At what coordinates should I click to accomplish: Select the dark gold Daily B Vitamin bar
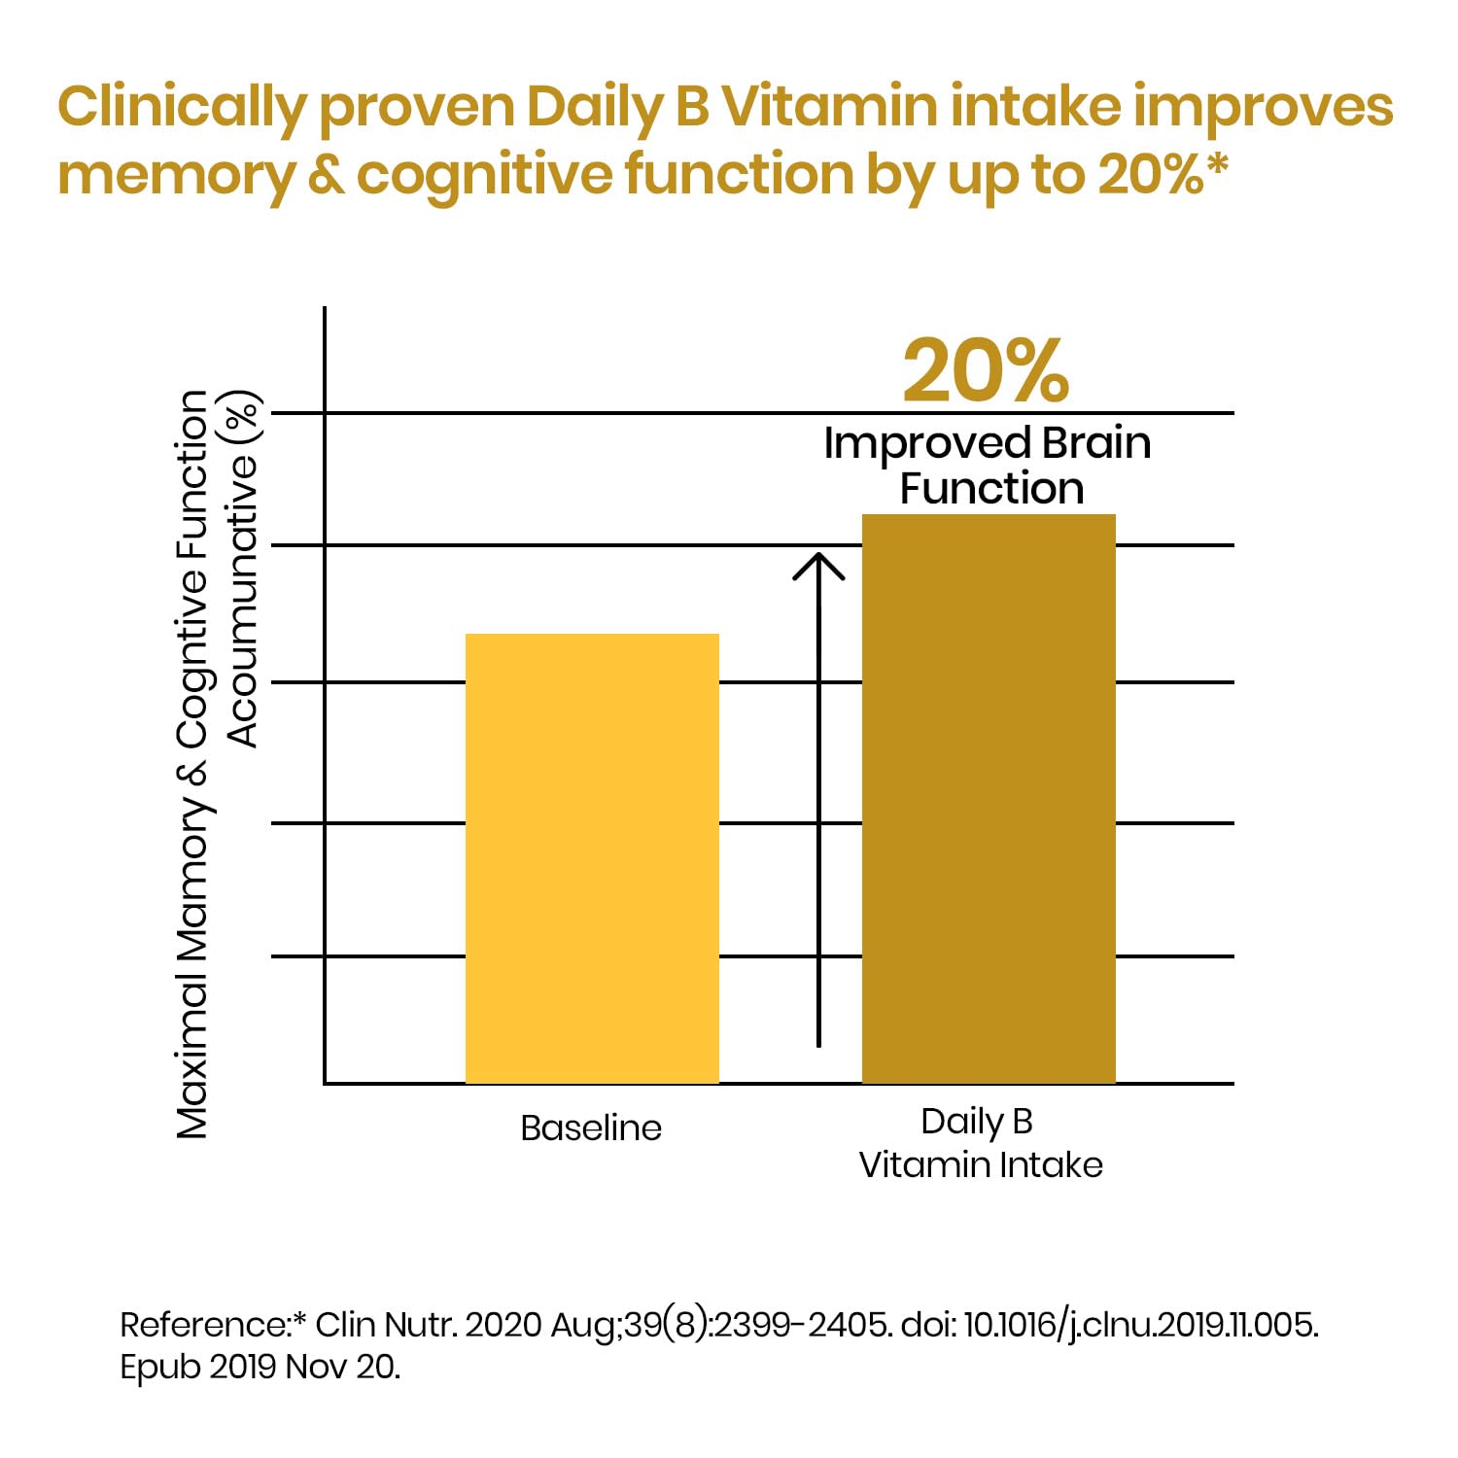[x=989, y=798]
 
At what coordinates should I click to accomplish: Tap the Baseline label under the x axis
[x=591, y=1128]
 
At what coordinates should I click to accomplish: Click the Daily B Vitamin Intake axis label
[x=980, y=1143]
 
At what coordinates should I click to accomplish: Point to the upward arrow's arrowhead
[x=818, y=564]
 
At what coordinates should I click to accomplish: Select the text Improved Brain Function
[x=989, y=466]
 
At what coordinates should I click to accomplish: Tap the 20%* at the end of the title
[x=1163, y=175]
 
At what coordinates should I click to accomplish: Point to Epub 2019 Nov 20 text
[x=260, y=1367]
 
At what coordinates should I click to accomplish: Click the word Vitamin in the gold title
[x=828, y=107]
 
